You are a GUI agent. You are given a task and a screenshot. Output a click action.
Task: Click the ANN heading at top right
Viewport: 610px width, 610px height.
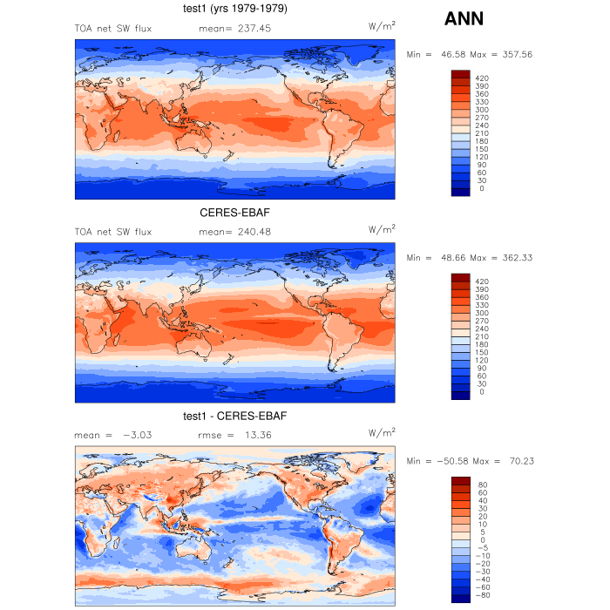point(464,18)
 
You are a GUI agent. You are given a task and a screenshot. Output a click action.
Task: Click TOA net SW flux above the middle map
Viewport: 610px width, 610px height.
point(113,232)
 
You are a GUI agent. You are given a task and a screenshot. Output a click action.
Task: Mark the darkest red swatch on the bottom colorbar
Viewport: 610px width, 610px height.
point(461,481)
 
